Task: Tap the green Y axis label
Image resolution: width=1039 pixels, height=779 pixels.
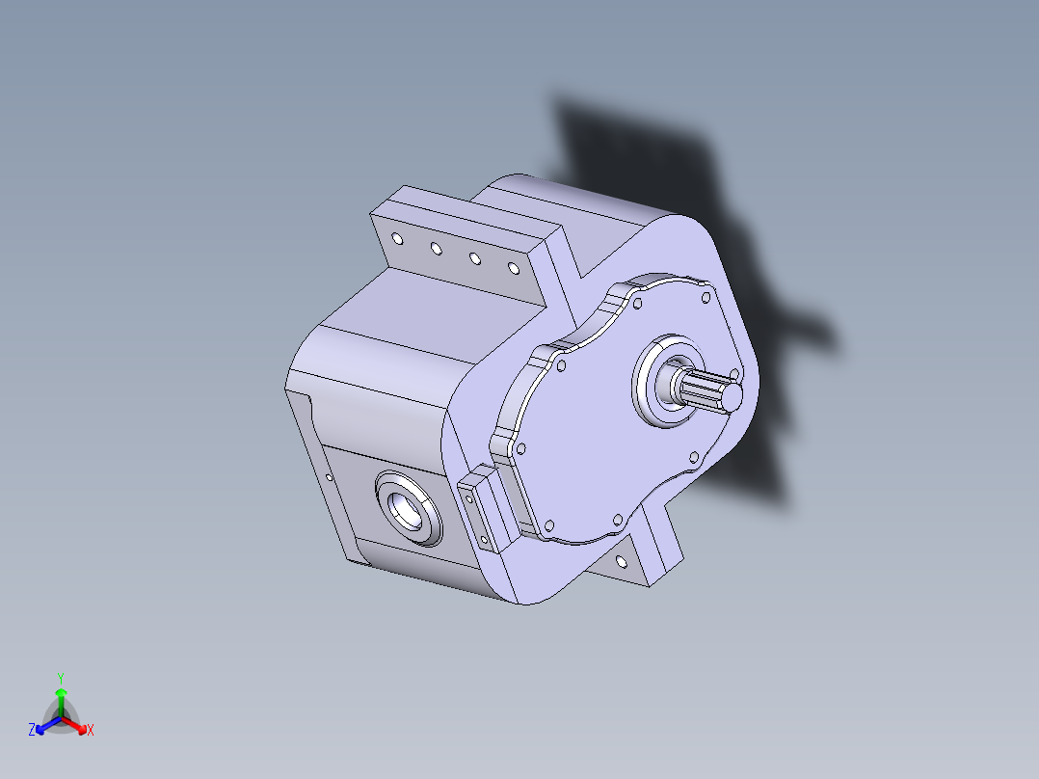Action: pos(60,677)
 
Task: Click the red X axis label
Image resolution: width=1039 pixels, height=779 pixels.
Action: pos(91,731)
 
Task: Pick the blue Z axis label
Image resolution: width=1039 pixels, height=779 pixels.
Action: pos(32,731)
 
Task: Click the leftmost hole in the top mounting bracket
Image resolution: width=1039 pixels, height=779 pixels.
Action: pos(396,237)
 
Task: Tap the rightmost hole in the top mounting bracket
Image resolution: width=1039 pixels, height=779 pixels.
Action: pos(513,269)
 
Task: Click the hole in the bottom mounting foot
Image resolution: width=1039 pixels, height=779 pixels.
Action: pos(620,559)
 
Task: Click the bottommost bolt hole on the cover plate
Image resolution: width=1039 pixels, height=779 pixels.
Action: pos(548,525)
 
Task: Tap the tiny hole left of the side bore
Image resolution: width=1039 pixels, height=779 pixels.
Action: pos(330,476)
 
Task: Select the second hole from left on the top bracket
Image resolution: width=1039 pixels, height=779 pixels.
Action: pos(436,249)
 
